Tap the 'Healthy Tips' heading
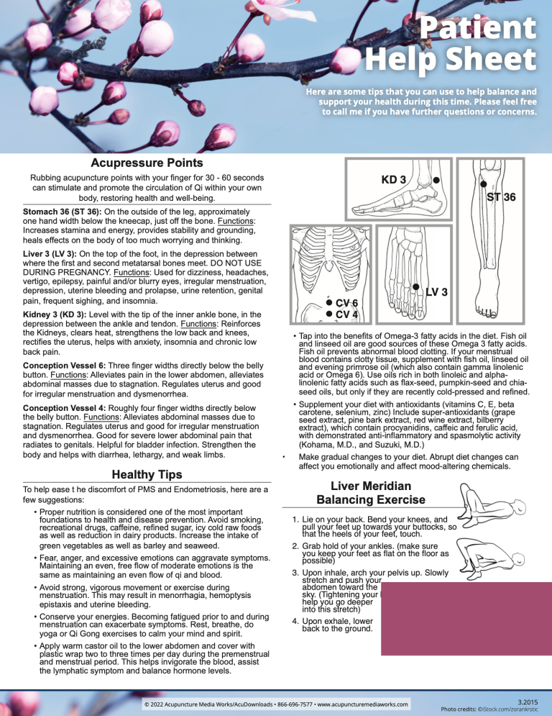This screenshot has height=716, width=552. (x=146, y=473)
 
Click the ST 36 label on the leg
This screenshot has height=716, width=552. (x=501, y=196)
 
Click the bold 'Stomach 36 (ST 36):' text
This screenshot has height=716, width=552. (x=61, y=211)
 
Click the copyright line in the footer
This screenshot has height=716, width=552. (x=276, y=703)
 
